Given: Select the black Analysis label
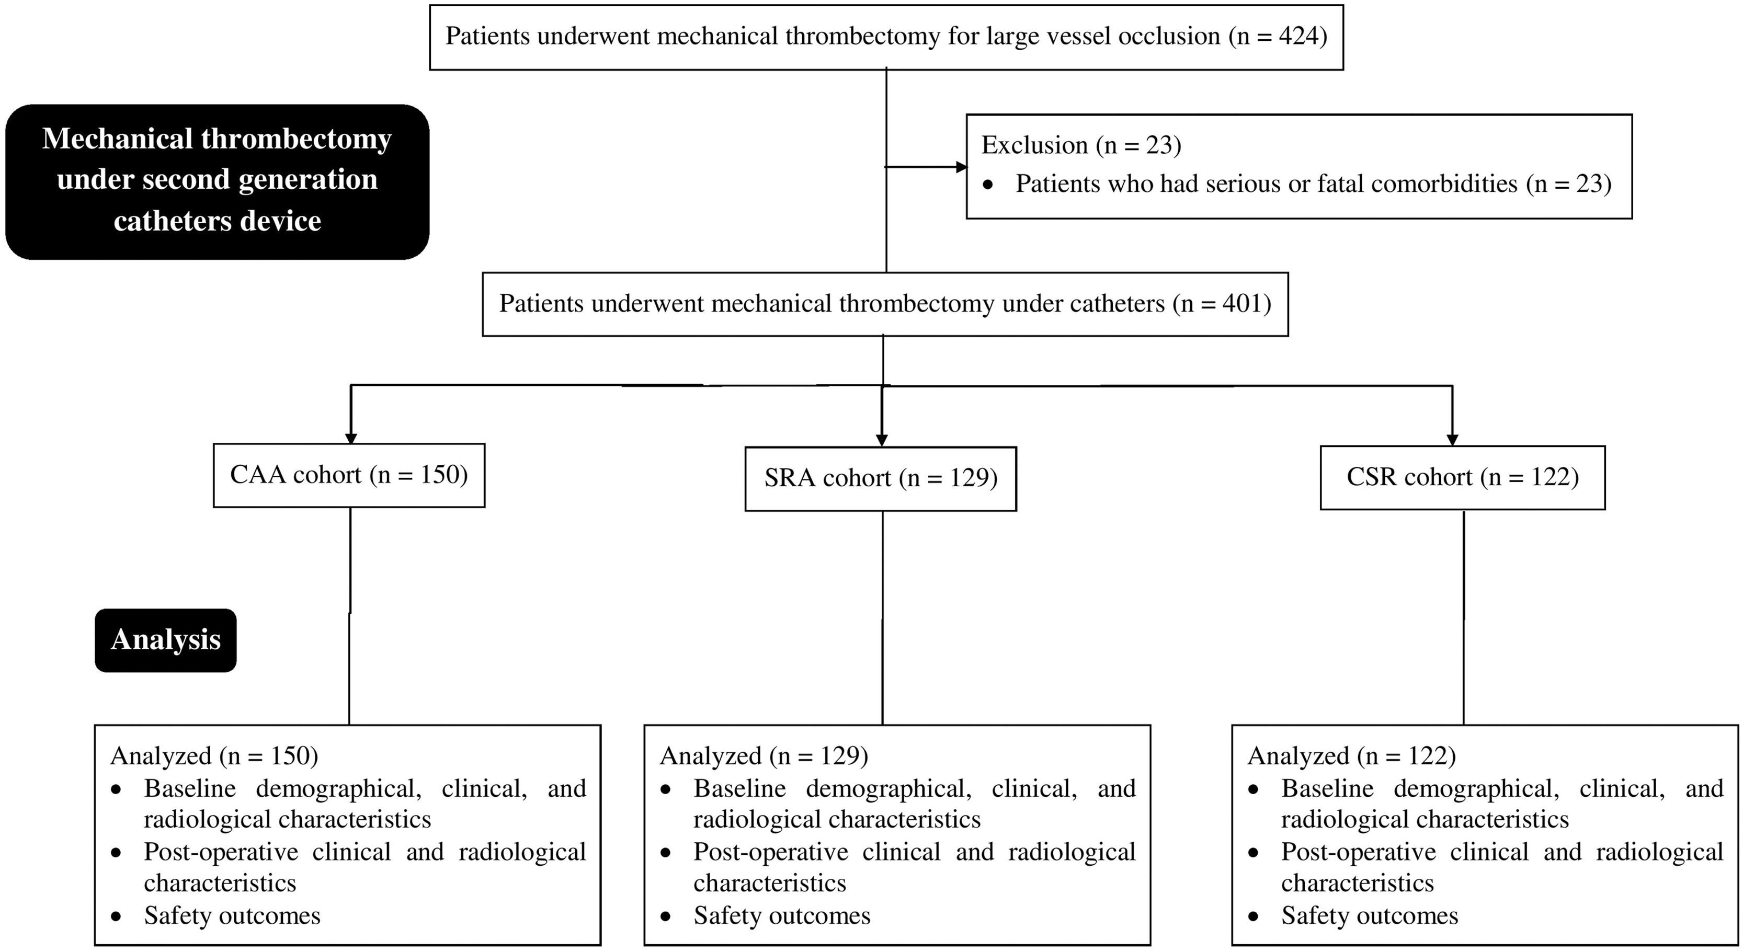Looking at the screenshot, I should coord(166,640).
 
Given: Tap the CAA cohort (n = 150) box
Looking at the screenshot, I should coord(349,475).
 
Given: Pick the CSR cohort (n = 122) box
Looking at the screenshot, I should coord(1462,477).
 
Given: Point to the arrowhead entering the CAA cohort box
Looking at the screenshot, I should coord(350,437).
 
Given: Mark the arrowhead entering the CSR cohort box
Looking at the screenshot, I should coord(1452,439).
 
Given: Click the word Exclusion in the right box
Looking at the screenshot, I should coord(1034,145).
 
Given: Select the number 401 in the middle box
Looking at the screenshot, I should coord(1237,304).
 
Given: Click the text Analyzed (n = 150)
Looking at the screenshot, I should coord(214,756).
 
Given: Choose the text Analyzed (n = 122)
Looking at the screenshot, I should coord(1351,756).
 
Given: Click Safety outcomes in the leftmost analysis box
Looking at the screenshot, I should coord(232,915).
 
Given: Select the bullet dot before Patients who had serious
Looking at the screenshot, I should coord(988,185).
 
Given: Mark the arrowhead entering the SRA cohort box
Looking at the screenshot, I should coord(882,440).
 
